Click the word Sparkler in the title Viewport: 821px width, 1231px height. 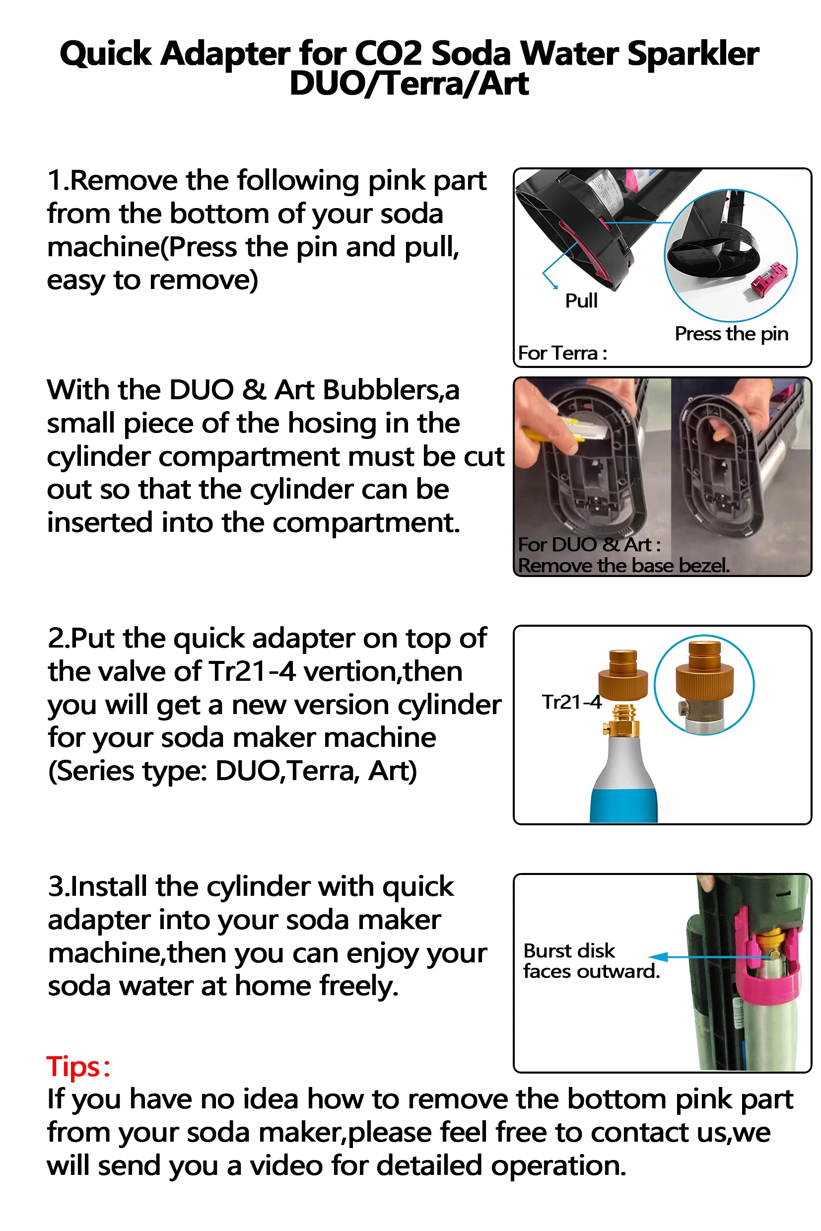tap(693, 54)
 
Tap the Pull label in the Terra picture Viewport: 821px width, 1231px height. tap(581, 301)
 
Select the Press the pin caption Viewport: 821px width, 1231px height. tap(732, 334)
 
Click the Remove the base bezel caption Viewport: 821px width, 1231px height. tap(623, 566)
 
